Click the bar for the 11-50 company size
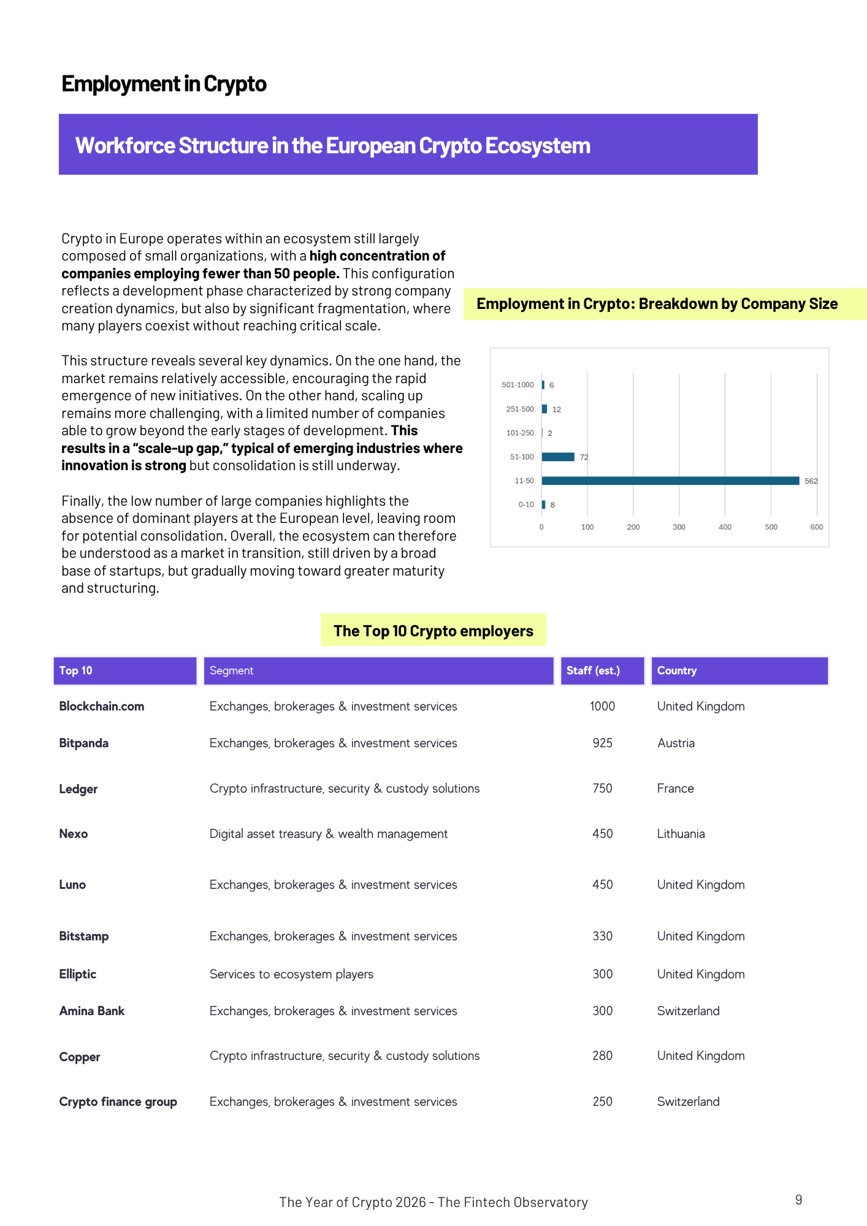point(670,481)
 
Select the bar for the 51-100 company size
point(558,457)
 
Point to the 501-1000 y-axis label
point(518,385)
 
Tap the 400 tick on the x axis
point(725,527)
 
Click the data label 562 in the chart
point(811,481)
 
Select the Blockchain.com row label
point(102,706)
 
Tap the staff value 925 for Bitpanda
point(602,743)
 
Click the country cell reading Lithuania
point(681,834)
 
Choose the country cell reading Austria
point(676,743)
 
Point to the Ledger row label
point(78,789)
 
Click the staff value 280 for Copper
point(602,1056)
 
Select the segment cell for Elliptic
point(291,974)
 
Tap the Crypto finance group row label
point(118,1102)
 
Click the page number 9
point(798,1200)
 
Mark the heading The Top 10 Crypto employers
point(433,631)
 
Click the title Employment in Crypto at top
point(164,84)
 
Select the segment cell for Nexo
point(329,834)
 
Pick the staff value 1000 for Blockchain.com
point(602,706)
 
